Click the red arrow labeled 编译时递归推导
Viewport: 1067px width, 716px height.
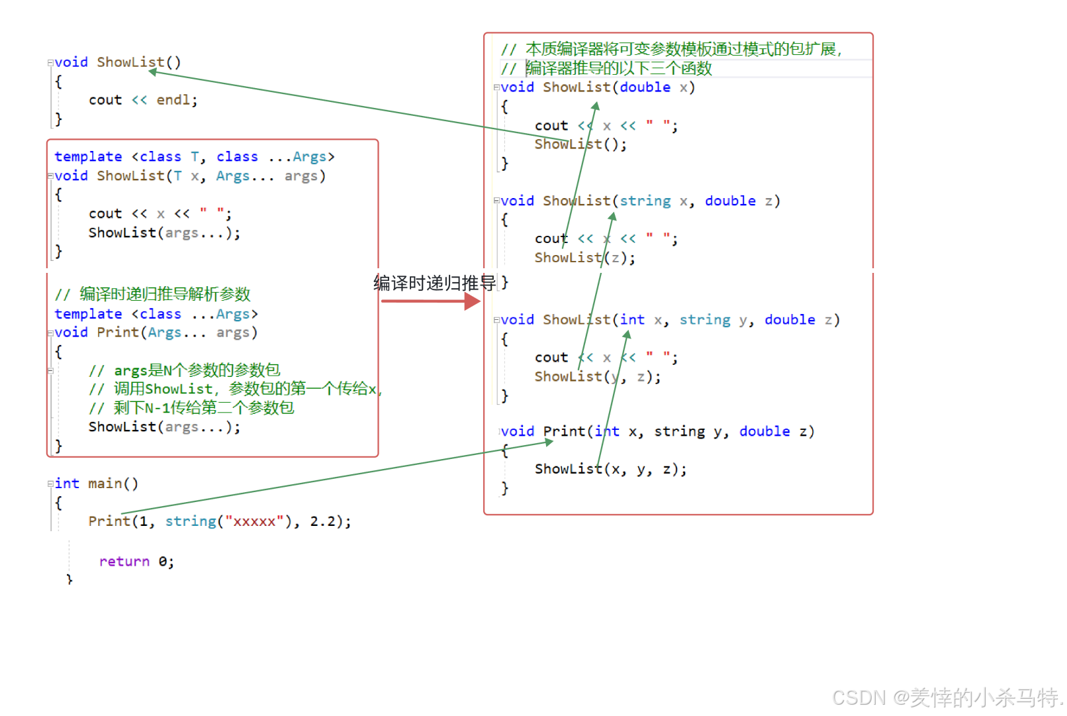[x=430, y=301]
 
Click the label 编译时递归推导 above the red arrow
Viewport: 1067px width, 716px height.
[x=435, y=283]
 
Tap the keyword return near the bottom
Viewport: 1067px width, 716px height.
[x=124, y=562]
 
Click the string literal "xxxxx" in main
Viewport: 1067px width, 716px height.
[x=254, y=521]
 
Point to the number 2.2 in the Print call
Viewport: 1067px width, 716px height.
[x=322, y=521]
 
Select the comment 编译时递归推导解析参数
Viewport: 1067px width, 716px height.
[x=164, y=293]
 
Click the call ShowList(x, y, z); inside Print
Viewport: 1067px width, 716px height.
[x=610, y=469]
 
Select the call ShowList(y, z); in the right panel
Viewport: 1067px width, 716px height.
[x=597, y=377]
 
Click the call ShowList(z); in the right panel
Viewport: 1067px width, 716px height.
[x=584, y=258]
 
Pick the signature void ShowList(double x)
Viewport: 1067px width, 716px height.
[x=597, y=87]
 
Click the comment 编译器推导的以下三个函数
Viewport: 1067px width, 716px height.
[x=618, y=68]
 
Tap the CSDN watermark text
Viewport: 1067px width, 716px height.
[x=947, y=697]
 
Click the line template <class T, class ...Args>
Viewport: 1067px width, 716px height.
[x=194, y=157]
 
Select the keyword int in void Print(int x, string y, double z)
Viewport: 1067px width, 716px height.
[x=607, y=432]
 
